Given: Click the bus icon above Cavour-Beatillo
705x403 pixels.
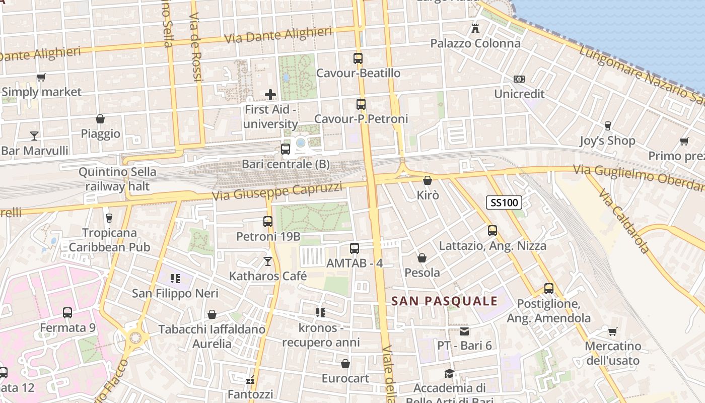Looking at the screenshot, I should point(358,58).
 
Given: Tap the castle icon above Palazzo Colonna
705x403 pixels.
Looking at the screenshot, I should point(475,28).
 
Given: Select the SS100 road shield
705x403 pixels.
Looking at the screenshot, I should point(504,203).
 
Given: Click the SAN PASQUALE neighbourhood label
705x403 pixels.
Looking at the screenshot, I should point(445,301).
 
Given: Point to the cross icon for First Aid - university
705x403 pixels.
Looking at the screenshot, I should point(270,94).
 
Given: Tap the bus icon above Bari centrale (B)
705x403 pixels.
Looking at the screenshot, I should point(286,149).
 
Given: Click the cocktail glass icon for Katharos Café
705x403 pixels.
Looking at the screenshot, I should point(268,261).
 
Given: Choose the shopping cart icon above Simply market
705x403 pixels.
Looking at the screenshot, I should point(41,77).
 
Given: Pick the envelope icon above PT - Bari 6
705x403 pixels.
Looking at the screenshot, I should point(464,331).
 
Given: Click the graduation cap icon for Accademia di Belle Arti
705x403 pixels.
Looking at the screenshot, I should point(449,373).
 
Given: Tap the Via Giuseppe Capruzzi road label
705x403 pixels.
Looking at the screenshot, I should point(277,191).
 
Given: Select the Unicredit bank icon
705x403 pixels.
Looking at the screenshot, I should point(519,79).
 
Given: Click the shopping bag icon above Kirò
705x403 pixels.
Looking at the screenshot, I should point(428,180).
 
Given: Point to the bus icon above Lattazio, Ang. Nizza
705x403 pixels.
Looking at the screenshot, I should point(492,231).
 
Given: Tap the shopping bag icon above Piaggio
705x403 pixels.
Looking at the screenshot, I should point(100,119).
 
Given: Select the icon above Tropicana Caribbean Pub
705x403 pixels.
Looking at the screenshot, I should point(109,218).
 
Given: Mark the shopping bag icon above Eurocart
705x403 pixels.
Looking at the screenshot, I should point(345,363).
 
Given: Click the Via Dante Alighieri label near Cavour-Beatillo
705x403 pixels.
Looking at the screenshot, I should point(278,35).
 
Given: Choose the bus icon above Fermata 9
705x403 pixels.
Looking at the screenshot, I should point(67,312).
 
